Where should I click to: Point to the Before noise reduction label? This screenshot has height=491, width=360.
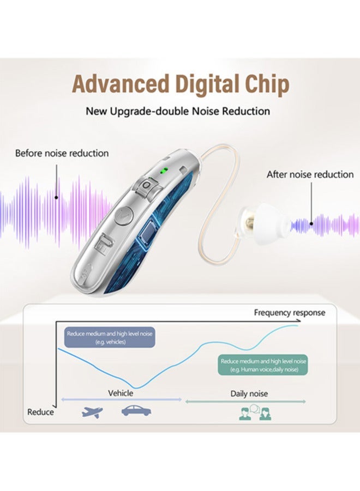point(62,153)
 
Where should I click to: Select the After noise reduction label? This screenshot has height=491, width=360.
point(310,174)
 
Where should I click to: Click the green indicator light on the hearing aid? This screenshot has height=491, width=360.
point(163,170)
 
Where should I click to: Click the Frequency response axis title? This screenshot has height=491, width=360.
point(289,312)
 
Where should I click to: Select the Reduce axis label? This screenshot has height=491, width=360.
point(41,412)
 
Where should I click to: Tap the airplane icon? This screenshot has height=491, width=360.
point(92,411)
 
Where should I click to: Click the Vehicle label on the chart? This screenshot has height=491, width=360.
point(121,393)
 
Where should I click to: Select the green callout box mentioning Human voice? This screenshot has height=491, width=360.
point(262,365)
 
